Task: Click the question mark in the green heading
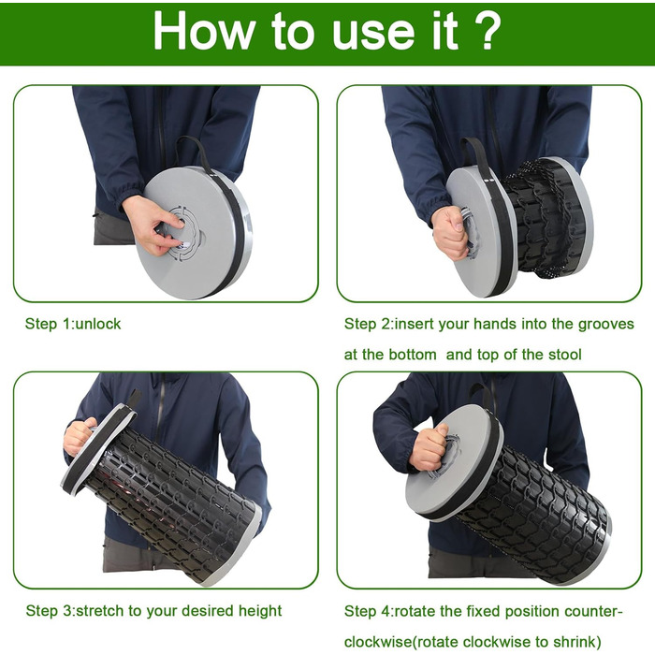485,31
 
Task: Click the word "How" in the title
204,31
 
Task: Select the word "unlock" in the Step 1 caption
97,324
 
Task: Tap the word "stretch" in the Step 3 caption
100,611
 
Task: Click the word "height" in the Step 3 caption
260,611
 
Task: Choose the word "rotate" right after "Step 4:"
415,612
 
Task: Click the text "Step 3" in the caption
49,611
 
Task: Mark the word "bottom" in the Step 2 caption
413,355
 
